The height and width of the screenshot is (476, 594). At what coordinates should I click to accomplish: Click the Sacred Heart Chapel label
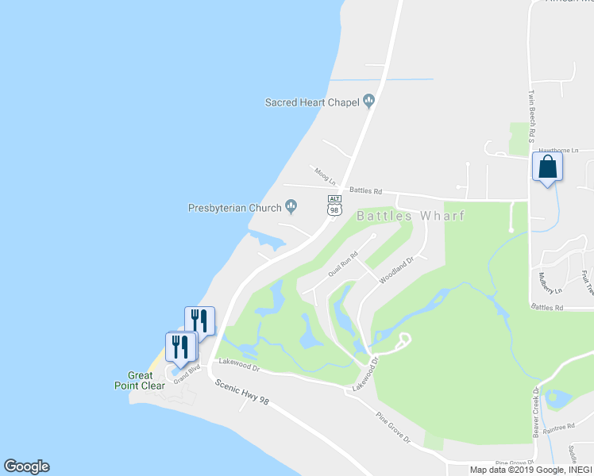(x=312, y=102)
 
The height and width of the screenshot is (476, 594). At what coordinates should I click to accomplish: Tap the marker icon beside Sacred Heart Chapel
(x=368, y=101)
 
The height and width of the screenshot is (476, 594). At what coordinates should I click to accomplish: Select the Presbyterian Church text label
(x=234, y=208)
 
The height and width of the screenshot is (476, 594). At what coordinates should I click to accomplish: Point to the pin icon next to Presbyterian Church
(x=291, y=208)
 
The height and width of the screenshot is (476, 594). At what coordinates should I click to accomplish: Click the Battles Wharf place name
(x=410, y=215)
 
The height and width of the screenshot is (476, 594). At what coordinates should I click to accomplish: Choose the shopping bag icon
(x=546, y=167)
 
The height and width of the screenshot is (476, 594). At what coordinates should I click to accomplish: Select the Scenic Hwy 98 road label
(x=242, y=392)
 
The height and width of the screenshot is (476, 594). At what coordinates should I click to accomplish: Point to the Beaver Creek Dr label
(x=537, y=408)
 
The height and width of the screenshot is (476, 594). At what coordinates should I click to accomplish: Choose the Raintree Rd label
(x=560, y=427)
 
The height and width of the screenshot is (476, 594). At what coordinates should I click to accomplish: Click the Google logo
(x=26, y=466)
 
